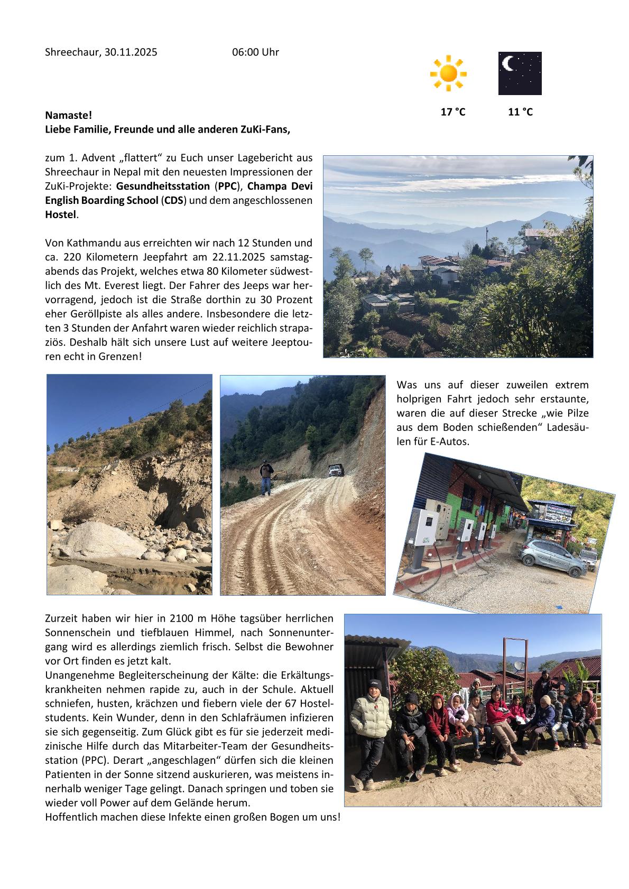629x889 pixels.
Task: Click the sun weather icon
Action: point(448,72)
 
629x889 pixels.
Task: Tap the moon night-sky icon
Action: point(520,73)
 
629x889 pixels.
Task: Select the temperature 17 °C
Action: point(453,111)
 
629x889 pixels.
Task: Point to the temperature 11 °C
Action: point(520,111)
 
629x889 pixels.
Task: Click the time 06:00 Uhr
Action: point(255,52)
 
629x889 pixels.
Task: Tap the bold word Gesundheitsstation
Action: point(163,186)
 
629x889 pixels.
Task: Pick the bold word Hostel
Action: point(61,214)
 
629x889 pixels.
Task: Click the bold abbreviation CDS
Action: point(174,200)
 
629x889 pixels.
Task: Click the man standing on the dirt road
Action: point(266,478)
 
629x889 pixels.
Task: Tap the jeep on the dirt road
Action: point(335,470)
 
